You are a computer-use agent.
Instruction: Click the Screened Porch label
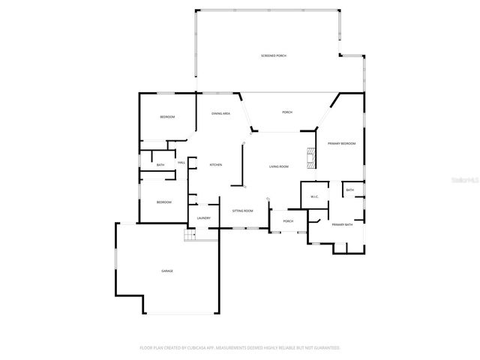pos(274,56)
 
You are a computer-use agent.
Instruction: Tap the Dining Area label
pos(220,113)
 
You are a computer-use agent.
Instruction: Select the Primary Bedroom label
pos(341,143)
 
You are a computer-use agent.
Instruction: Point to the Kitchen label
pos(216,165)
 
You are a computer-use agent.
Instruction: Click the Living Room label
pos(279,166)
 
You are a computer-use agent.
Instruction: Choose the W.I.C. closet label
pos(315,196)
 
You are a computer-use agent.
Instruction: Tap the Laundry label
pos(203,218)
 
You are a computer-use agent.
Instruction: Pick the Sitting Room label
pos(242,211)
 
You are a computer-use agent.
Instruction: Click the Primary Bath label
pos(342,225)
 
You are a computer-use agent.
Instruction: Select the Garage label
pos(166,271)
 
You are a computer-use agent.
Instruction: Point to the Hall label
pos(181,163)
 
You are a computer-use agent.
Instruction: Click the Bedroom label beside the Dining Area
pos(167,117)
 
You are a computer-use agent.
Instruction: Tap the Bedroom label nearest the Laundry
pos(163,202)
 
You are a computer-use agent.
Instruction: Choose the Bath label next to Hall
pos(160,165)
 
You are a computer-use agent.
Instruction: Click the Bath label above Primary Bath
pos(350,190)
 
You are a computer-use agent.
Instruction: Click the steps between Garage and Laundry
pos(190,234)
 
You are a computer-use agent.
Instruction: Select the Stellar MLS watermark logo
pos(466,180)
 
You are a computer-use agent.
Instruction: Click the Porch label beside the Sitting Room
pos(287,221)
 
